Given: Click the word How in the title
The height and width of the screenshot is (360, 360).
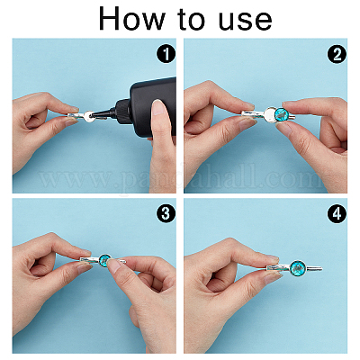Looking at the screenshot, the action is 131,18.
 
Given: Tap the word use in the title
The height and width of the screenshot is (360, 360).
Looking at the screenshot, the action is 245,22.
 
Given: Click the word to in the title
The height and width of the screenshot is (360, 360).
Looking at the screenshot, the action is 192,20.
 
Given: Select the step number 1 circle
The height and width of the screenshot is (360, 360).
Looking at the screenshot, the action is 166,55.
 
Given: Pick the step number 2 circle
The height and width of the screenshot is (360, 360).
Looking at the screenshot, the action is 337,55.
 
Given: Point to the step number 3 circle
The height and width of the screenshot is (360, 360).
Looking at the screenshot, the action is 166,214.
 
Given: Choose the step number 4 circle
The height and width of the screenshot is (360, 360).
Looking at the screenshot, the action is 337,214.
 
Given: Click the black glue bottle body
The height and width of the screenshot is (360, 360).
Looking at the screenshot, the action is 153,106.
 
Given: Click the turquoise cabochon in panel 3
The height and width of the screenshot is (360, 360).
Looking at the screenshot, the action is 105,258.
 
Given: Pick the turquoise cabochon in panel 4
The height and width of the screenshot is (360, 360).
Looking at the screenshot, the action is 297,266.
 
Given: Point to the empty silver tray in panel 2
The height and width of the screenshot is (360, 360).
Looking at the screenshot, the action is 271,113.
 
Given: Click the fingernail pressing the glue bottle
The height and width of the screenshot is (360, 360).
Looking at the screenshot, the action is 159,107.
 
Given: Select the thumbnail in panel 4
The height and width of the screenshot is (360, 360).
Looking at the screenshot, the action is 272,277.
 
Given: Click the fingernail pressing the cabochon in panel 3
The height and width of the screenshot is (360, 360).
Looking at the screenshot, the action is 114,264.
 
